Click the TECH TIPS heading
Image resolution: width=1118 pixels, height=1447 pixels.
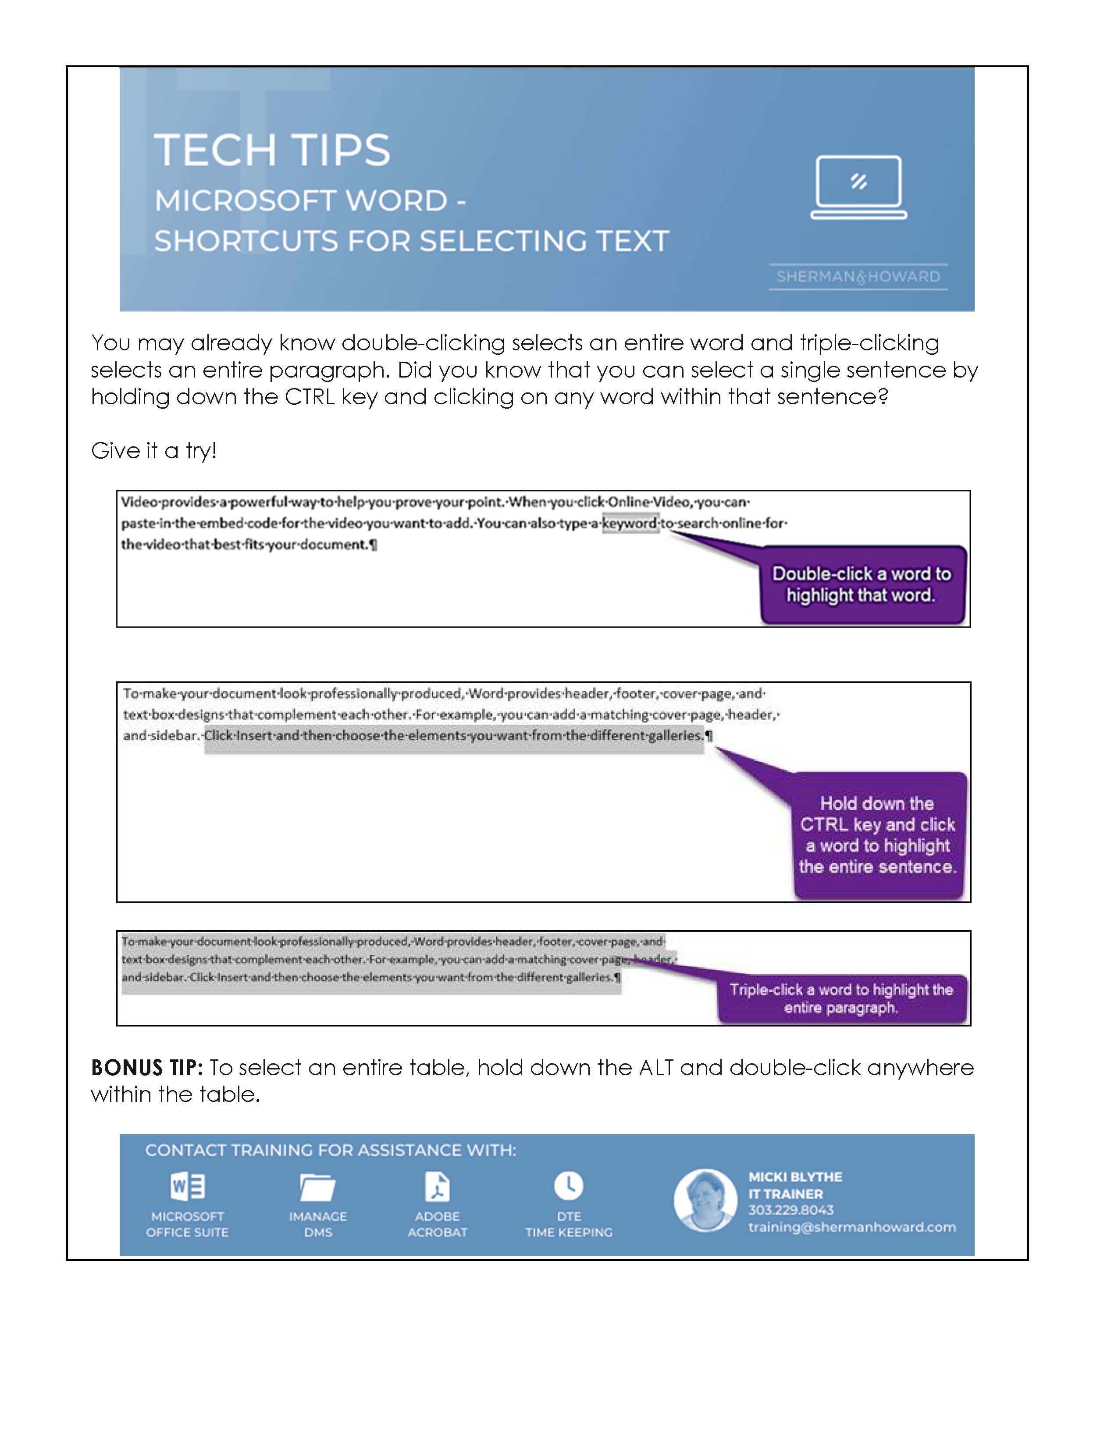272,150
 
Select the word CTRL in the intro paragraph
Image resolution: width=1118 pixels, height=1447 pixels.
309,397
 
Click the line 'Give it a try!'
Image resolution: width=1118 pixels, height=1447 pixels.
153,450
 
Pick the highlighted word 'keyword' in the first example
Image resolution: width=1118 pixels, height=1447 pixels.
630,524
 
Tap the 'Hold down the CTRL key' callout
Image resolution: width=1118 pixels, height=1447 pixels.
878,835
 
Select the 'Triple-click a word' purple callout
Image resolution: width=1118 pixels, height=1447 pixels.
841,998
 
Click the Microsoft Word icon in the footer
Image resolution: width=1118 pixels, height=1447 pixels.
188,1186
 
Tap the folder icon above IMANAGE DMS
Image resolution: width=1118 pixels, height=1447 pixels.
318,1187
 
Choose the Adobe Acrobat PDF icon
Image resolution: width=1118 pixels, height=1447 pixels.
437,1186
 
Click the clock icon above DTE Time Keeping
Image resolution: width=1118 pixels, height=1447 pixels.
568,1185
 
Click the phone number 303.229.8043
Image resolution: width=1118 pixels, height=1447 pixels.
791,1210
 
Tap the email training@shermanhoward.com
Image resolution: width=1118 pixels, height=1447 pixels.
852,1227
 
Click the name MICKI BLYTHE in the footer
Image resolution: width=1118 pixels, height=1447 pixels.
795,1177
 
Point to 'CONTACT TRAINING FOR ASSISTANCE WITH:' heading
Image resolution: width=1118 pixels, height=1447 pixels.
331,1150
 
